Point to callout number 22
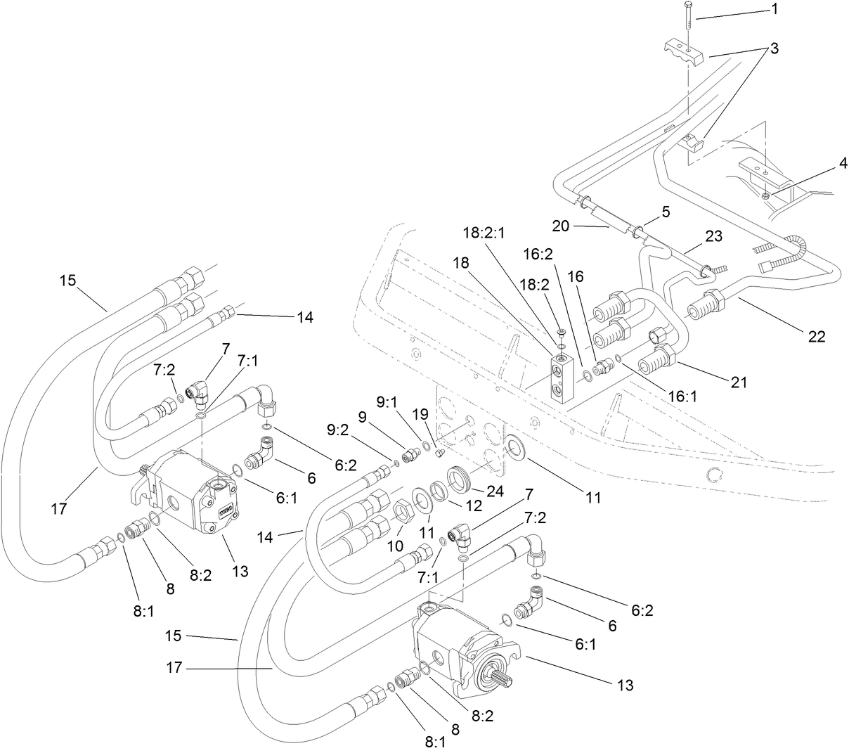(816, 337)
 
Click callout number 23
(713, 238)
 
